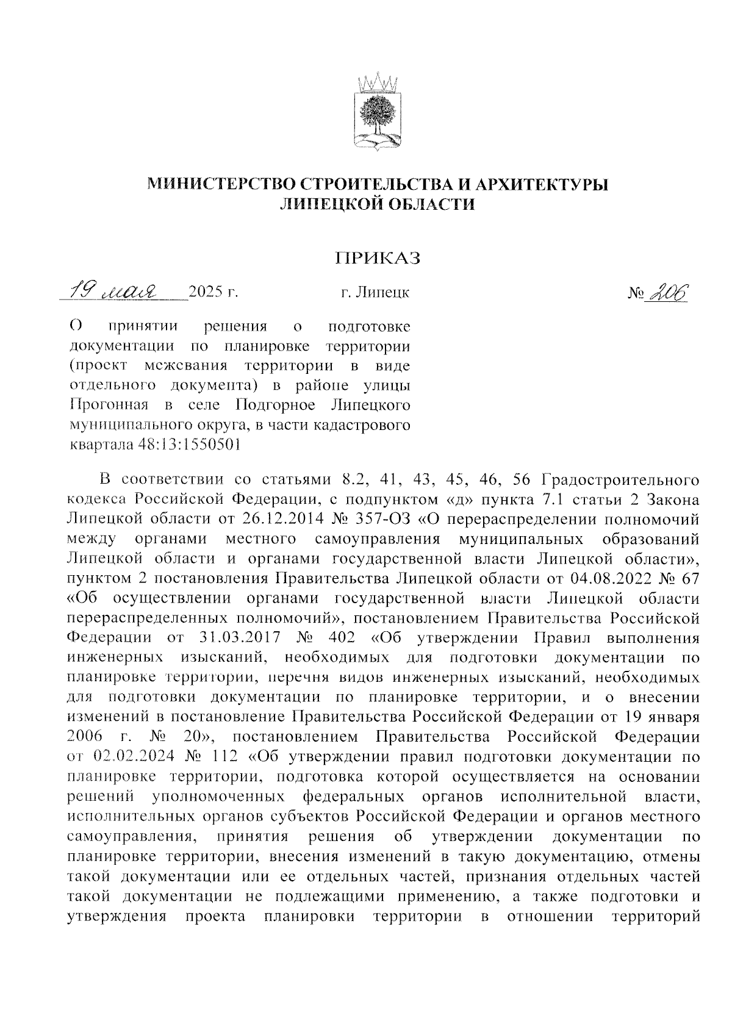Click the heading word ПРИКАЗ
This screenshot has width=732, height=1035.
(378, 259)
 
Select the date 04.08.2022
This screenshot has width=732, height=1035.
(615, 578)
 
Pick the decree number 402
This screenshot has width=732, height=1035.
(343, 637)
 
